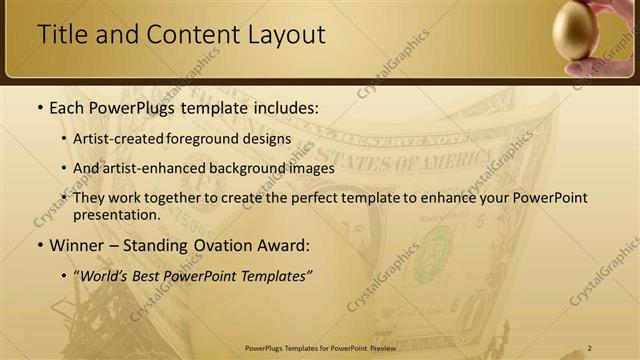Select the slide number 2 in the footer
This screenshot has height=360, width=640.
tap(590, 347)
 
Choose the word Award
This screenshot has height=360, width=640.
tap(285, 244)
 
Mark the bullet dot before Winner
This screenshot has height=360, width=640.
tap(39, 245)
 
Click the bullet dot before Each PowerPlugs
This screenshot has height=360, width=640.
tap(39, 107)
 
